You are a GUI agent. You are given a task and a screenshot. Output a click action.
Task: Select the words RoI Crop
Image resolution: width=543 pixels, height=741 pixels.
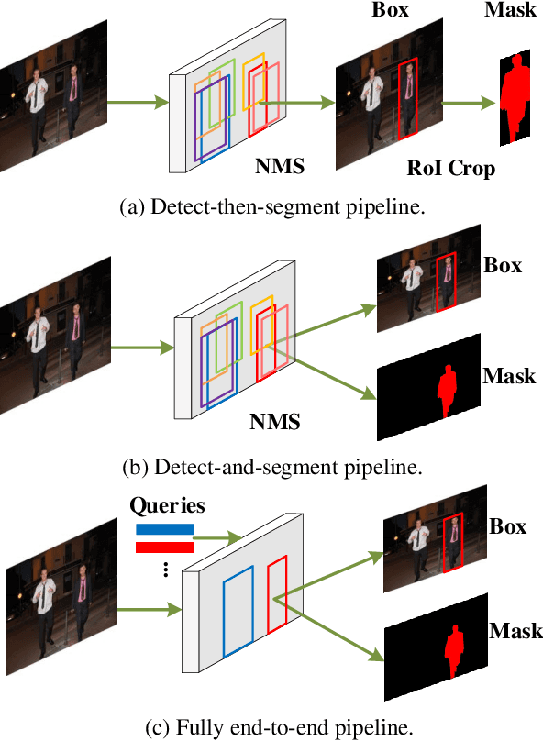point(450,169)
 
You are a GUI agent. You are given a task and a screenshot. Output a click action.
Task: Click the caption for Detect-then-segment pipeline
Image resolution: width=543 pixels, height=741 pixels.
point(272,207)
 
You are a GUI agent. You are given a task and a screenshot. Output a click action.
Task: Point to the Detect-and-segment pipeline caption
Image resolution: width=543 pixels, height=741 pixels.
point(271,467)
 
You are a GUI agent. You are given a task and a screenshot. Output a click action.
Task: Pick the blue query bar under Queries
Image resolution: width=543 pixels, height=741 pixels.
point(165,529)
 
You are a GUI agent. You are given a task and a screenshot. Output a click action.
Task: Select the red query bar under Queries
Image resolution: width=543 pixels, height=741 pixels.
point(165,547)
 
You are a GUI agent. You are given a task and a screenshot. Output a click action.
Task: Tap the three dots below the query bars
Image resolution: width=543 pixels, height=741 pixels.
point(166,570)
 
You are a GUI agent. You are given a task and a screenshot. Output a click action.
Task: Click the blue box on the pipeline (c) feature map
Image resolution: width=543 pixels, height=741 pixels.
point(238,610)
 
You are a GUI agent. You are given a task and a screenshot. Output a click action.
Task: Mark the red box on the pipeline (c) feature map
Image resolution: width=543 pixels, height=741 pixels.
point(278,599)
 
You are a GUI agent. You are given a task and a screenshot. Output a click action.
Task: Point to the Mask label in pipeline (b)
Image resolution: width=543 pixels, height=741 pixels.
point(510,377)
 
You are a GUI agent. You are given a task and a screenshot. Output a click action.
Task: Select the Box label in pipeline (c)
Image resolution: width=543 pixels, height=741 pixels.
point(508,527)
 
